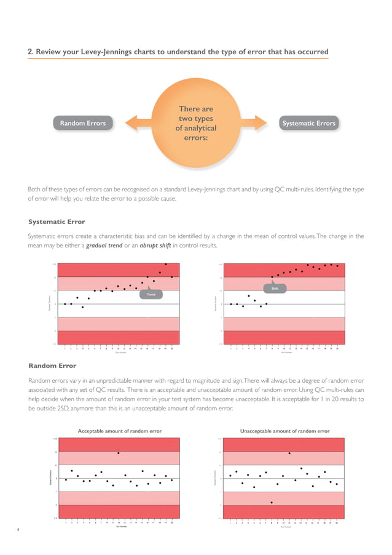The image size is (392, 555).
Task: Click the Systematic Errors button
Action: click(x=308, y=123)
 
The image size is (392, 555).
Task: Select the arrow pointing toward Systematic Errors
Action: click(x=258, y=123)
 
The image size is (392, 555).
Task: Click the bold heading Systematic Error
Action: click(x=57, y=222)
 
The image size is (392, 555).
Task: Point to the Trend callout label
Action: click(x=151, y=295)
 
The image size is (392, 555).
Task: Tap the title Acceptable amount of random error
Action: click(x=120, y=431)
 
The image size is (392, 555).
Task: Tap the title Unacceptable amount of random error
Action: click(x=286, y=431)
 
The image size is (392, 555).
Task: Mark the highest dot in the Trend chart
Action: click(x=166, y=264)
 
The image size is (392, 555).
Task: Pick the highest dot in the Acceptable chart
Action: click(x=119, y=453)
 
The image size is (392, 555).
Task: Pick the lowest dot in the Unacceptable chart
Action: click(x=272, y=503)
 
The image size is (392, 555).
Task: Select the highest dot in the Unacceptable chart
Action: click(x=289, y=453)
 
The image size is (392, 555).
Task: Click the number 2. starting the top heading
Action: click(x=31, y=52)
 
